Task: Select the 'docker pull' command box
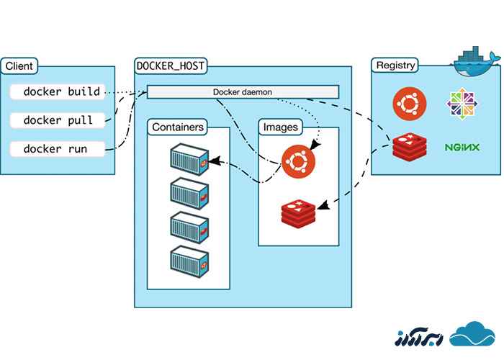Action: click(58, 121)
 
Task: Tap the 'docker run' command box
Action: click(58, 150)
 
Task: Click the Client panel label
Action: click(19, 66)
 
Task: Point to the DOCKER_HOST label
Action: click(171, 66)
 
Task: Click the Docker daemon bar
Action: click(243, 92)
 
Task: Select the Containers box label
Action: click(178, 127)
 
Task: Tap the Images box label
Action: click(279, 127)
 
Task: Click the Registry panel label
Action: click(395, 66)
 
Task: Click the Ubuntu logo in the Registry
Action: click(410, 103)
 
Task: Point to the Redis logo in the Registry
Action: click(409, 147)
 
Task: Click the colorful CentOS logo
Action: click(462, 103)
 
